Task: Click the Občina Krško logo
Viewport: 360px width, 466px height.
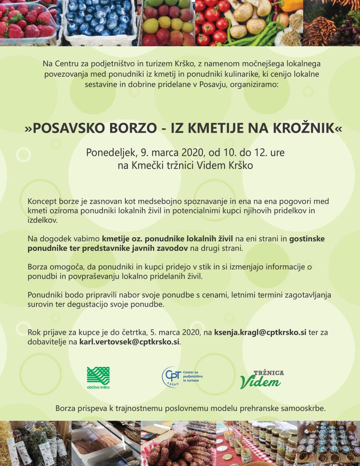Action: click(x=98, y=377)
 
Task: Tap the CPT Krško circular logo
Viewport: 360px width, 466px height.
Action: click(x=172, y=377)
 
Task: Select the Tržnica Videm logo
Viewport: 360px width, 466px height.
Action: click(x=262, y=379)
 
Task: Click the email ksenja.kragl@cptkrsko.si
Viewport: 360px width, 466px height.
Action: click(x=260, y=333)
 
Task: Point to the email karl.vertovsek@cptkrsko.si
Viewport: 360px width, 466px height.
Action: click(x=130, y=341)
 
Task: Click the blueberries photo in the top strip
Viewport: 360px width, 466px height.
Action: click(x=97, y=22)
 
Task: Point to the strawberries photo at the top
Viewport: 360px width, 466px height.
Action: click(x=28, y=22)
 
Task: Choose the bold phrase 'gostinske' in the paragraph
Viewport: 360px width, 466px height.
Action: click(x=307, y=239)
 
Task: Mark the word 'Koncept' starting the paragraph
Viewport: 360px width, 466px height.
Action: click(x=42, y=202)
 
